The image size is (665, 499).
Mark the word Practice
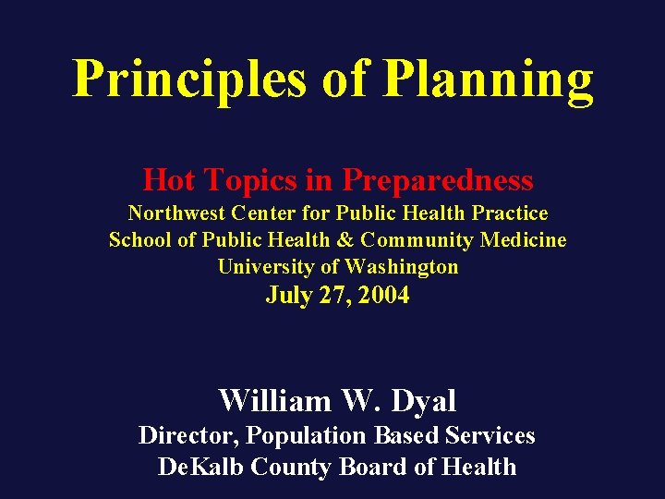pyautogui.click(x=510, y=213)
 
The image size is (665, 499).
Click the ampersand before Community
pyautogui.click(x=345, y=240)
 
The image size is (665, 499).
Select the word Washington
pyautogui.click(x=402, y=267)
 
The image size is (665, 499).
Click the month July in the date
pyautogui.click(x=289, y=296)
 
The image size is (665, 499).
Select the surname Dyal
pyautogui.click(x=424, y=401)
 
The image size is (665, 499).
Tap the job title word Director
pyautogui.click(x=189, y=435)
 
